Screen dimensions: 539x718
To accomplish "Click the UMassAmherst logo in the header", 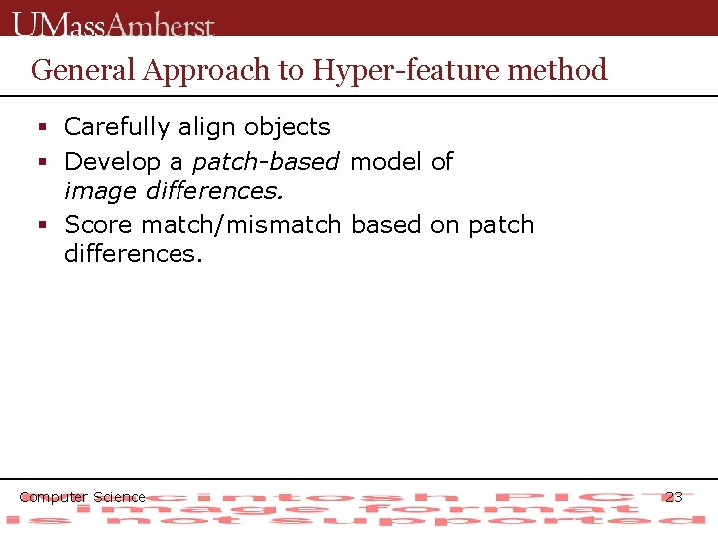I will tap(114, 22).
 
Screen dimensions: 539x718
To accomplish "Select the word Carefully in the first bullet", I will tap(117, 127).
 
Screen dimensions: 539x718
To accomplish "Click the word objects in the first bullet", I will tap(287, 127).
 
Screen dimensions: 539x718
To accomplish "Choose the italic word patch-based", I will tap(265, 162).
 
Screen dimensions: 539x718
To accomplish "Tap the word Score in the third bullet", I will tap(99, 225).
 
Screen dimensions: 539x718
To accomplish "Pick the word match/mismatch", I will tap(242, 225).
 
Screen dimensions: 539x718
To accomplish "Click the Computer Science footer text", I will tap(83, 497).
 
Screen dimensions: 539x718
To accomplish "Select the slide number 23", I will tap(674, 497).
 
